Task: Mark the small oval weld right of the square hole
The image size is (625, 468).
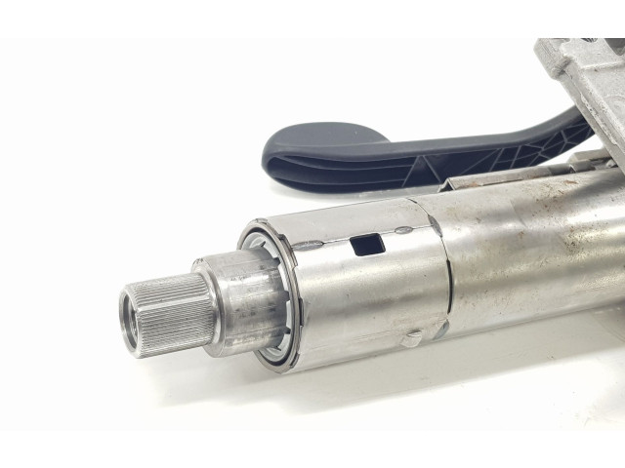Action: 403,232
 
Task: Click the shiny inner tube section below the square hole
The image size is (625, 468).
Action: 371,302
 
